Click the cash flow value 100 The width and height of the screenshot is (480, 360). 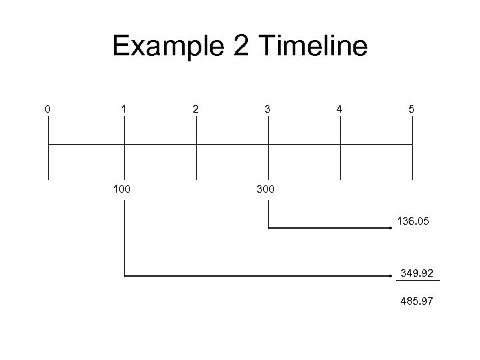coord(122,190)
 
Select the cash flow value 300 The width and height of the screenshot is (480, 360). coord(265,190)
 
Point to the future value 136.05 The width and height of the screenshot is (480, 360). coord(415,219)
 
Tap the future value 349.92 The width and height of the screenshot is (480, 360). coord(417,273)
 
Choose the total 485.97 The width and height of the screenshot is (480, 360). coord(417,302)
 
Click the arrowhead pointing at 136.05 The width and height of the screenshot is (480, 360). coord(391,228)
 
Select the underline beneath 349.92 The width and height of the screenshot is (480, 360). coord(418,282)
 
